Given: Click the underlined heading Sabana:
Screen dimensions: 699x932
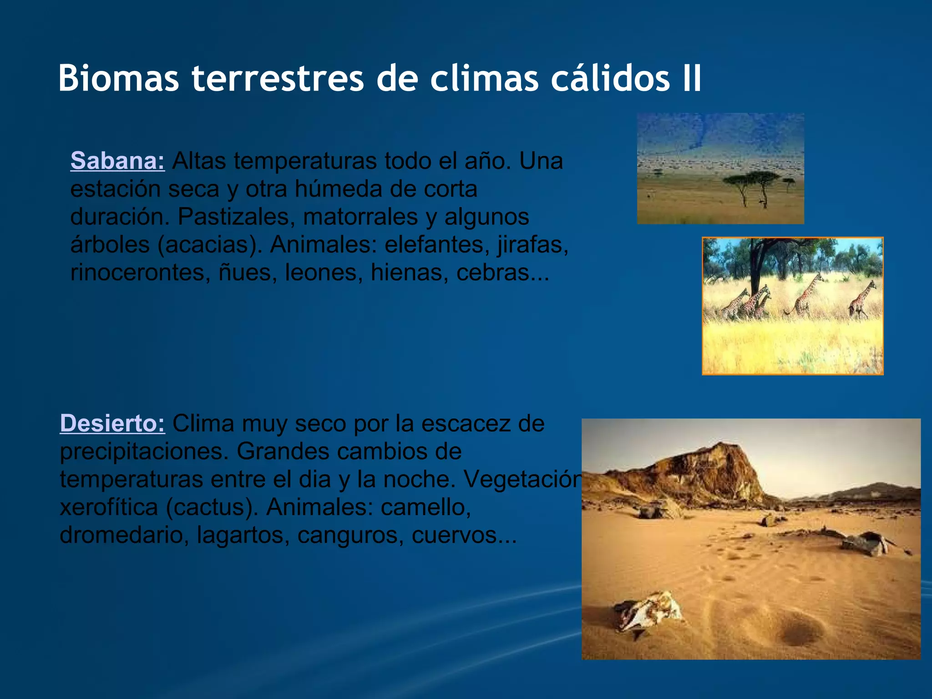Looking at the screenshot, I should point(117,161).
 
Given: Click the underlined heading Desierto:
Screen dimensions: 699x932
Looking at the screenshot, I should point(112,424).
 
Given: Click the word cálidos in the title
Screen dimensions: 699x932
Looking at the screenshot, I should point(610,78).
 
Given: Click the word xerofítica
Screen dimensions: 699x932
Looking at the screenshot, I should point(108,507).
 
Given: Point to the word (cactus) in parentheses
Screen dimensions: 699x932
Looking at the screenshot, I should point(212,507).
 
